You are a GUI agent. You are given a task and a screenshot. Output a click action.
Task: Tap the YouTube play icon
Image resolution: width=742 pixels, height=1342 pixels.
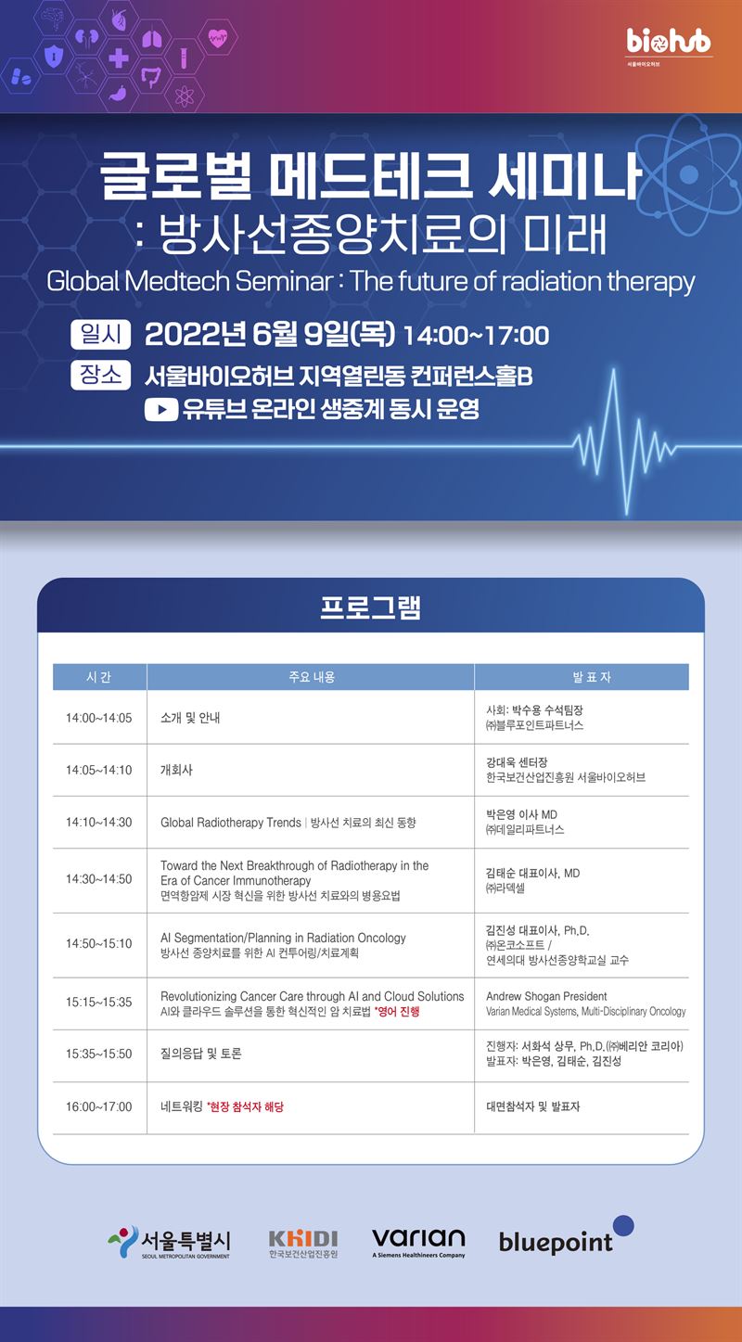point(161,410)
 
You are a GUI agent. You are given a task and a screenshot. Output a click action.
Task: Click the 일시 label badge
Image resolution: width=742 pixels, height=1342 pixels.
point(100,334)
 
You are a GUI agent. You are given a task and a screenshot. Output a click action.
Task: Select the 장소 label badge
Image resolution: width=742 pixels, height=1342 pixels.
point(100,376)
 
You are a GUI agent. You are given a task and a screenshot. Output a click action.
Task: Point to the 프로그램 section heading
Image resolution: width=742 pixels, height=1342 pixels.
point(371,607)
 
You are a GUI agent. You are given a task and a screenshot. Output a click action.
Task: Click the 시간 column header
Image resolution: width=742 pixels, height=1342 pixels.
point(99,677)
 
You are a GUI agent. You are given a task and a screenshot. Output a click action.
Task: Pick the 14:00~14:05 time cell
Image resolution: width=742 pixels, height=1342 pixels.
point(99,718)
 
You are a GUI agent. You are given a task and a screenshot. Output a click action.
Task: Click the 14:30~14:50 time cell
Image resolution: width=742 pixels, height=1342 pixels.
point(99,879)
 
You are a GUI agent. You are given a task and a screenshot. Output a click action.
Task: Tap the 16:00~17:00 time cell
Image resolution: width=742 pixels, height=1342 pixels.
point(99,1106)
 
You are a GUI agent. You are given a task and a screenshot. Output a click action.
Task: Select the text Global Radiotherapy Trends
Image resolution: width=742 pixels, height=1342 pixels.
point(231,823)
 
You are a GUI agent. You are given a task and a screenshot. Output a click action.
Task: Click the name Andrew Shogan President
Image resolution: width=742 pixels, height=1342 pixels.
point(546,996)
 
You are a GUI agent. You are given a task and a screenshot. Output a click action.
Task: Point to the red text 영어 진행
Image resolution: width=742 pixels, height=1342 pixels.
point(397,1012)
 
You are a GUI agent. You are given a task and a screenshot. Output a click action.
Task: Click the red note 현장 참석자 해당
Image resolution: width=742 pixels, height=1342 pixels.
point(245,1106)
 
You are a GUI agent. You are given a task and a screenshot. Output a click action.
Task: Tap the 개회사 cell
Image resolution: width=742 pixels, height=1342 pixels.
point(176,770)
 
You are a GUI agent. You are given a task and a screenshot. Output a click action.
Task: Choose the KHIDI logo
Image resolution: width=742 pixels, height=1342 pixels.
point(303,1244)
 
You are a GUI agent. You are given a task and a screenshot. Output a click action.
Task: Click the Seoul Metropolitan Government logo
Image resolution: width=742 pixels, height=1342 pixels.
point(169,1242)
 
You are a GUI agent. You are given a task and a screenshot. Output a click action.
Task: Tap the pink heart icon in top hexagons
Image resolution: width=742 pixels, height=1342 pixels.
point(217,38)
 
